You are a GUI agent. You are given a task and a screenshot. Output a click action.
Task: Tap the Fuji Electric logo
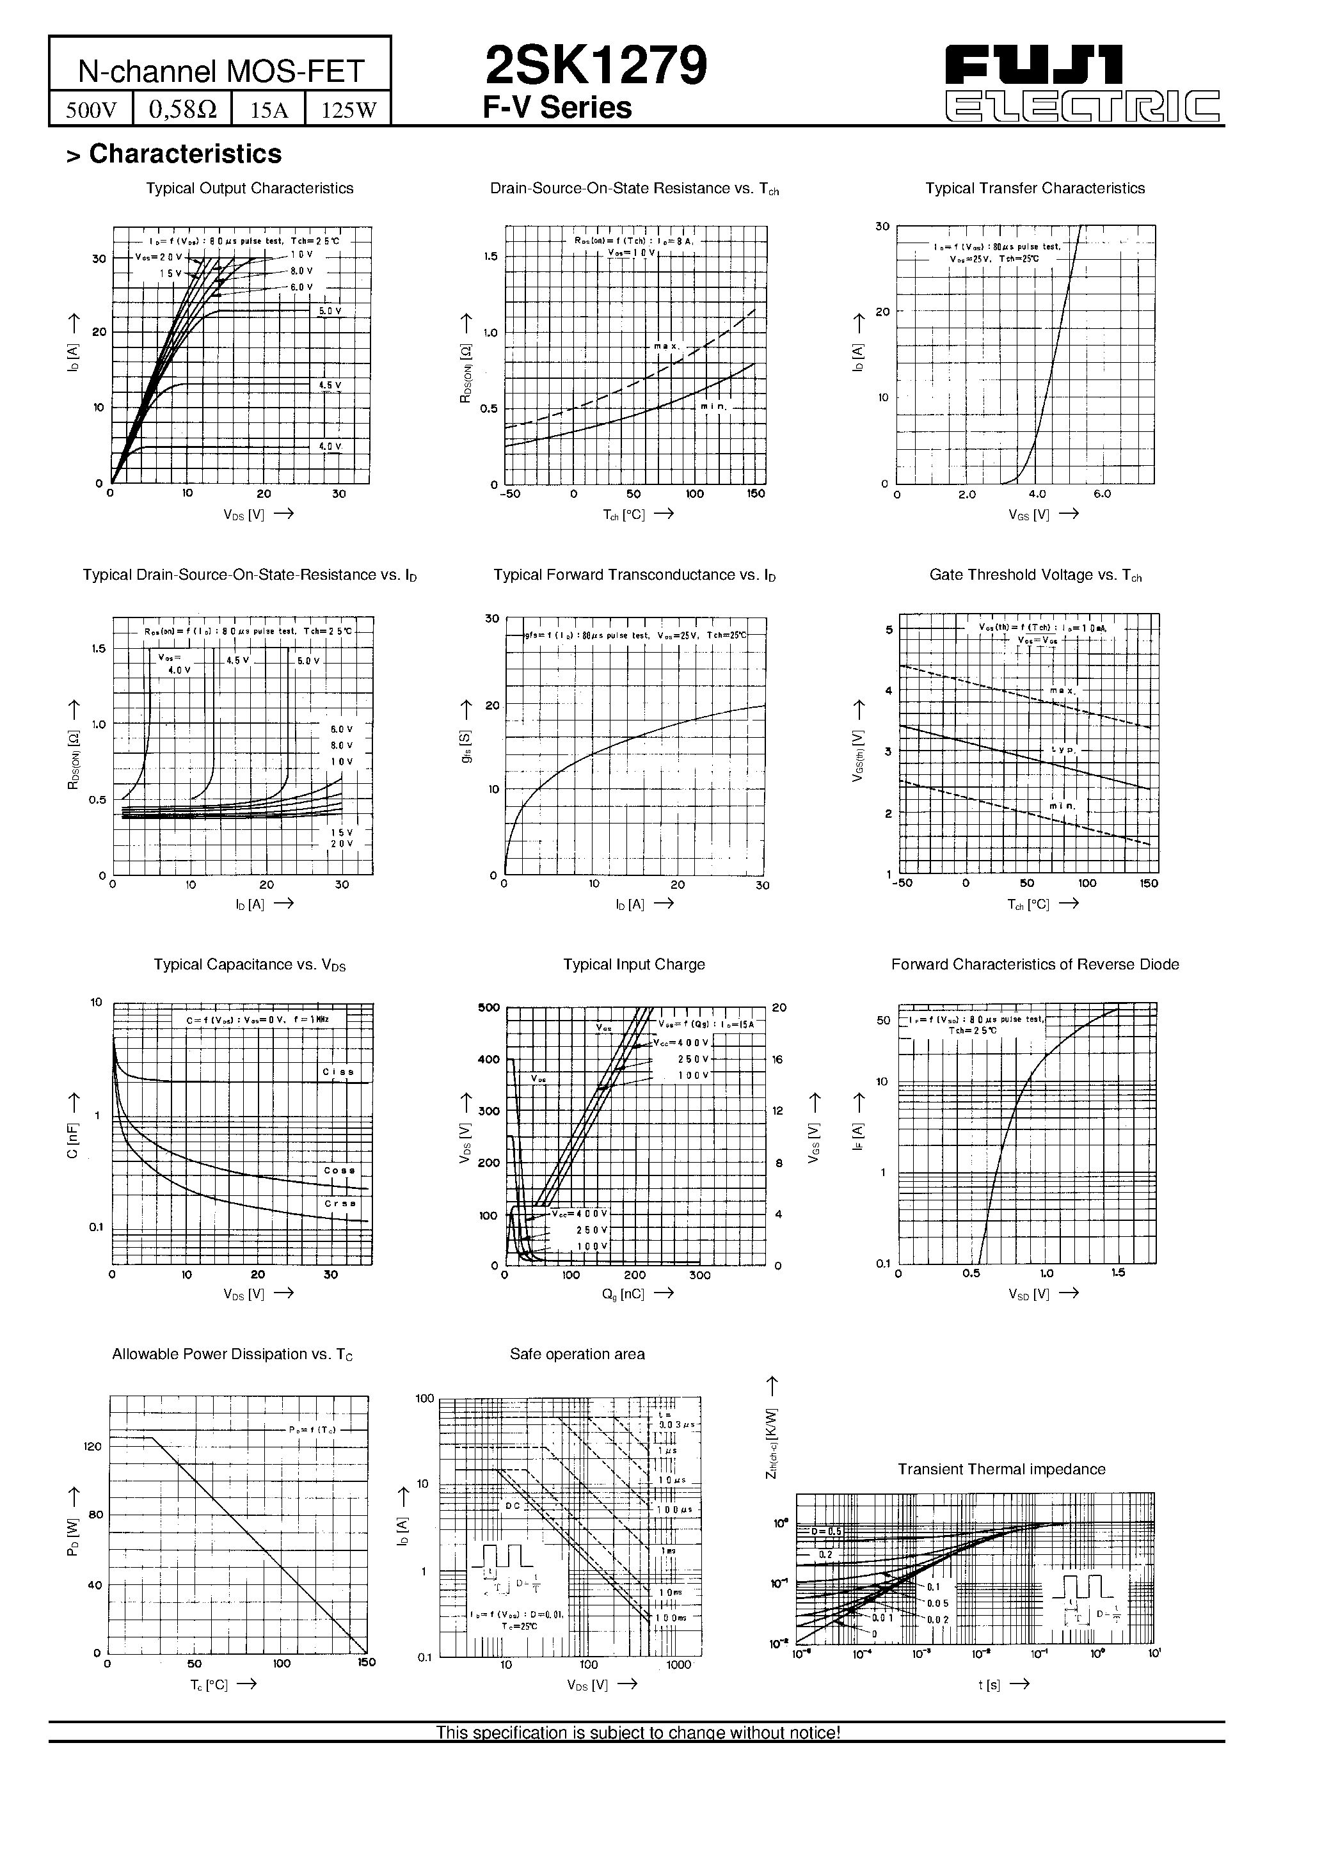coord(1083,83)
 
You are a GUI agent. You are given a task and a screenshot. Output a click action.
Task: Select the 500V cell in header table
coord(92,109)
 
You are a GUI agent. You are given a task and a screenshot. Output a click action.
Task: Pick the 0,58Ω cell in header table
coord(182,109)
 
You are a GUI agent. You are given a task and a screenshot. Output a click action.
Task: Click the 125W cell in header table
coord(349,109)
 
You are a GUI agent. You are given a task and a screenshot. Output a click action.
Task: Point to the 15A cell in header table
coord(269,109)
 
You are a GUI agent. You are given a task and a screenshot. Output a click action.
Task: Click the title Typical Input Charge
coord(633,964)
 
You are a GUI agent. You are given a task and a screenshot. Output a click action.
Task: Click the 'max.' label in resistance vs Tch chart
coord(666,346)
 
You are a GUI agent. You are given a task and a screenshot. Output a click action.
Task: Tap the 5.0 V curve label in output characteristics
coord(330,311)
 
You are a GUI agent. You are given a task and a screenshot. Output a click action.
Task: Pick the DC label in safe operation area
coord(512,1506)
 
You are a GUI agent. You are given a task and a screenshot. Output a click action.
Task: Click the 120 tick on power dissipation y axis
coord(93,1446)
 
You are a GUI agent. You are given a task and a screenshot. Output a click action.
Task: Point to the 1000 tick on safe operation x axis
coord(678,1665)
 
